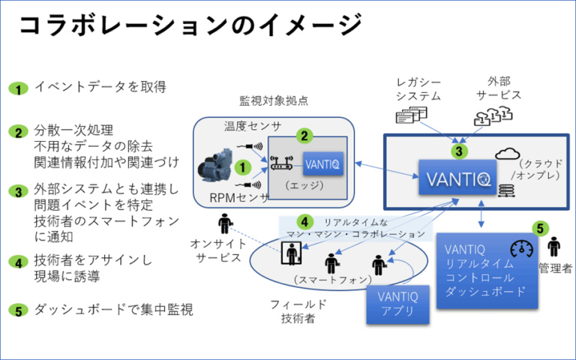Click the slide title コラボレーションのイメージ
187,25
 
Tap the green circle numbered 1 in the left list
18,88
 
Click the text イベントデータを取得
100,87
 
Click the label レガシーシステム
414,88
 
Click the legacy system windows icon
411,114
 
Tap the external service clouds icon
493,115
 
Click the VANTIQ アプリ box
397,303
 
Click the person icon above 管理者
553,246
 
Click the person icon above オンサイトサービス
224,223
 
